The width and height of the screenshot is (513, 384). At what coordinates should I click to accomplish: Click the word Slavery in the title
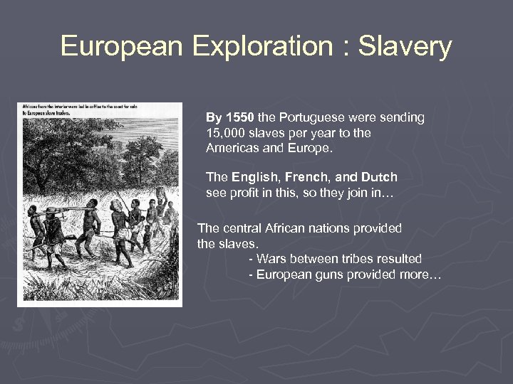405,46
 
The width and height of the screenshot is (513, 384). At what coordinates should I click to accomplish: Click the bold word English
256,176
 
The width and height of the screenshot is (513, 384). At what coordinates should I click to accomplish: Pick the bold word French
312,176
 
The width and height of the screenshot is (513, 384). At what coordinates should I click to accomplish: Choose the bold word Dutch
379,176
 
